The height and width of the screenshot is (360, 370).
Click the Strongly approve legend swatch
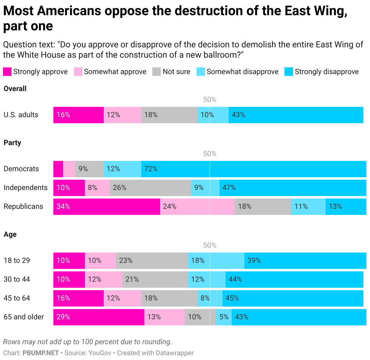7,72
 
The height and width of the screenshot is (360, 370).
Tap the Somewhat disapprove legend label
242,72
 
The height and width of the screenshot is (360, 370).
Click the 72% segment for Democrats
254,169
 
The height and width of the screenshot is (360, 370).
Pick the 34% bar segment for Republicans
106,207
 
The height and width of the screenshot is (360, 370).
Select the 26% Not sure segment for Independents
150,188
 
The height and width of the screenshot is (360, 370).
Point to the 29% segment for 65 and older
99,317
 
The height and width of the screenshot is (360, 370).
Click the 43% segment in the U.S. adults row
296,115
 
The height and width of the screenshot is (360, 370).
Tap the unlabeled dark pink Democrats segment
58,169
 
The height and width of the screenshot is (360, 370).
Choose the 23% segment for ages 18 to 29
152,261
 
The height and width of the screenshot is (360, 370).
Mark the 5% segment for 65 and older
224,317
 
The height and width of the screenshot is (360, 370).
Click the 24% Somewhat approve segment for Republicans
197,207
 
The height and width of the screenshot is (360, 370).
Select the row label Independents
25,188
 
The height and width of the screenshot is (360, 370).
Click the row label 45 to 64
17,298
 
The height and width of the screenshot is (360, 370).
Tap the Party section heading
12,143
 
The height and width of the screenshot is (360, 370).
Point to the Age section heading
10,234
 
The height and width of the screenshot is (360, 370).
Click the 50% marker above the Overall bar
210,100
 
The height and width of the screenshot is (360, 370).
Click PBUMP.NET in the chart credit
41,353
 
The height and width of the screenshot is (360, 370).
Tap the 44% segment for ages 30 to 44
294,280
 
